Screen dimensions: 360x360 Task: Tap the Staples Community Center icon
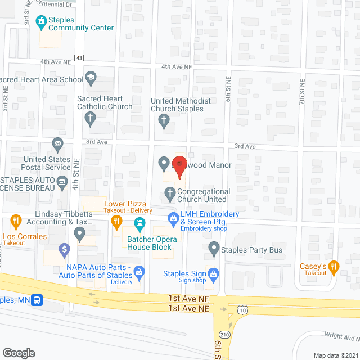pyautogui.click(x=41, y=22)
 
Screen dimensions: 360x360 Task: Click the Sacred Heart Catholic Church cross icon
pyautogui.click(x=89, y=118)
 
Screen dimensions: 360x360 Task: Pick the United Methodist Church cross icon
pyautogui.click(x=164, y=119)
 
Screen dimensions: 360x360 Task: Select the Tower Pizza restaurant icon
pyautogui.click(x=116, y=223)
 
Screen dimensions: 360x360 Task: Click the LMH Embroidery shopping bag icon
pyautogui.click(x=173, y=217)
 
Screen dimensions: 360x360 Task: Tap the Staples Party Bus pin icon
pyautogui.click(x=214, y=247)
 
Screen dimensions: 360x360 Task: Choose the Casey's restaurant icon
pyautogui.click(x=334, y=265)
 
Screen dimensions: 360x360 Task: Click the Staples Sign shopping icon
pyautogui.click(x=213, y=274)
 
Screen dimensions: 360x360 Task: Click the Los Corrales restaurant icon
pyautogui.click(x=16, y=221)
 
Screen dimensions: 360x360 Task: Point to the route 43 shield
pyautogui.click(x=79, y=58)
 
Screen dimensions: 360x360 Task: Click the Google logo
pyautogui.click(x=19, y=353)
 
